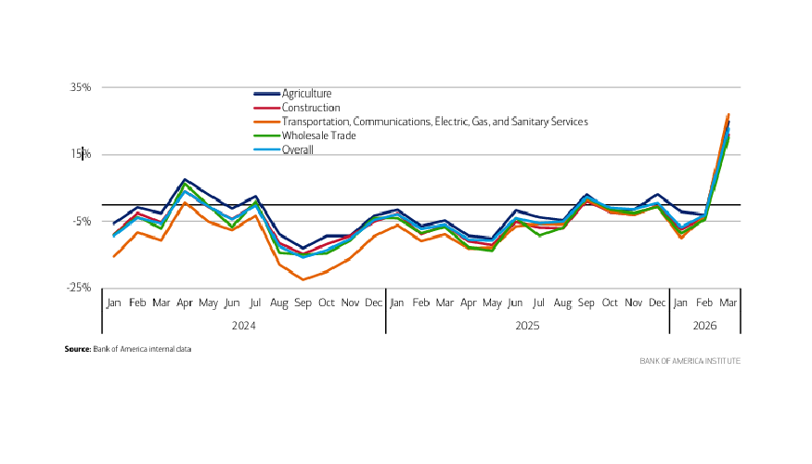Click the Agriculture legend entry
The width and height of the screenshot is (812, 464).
(306, 94)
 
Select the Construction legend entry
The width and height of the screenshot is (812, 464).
(310, 108)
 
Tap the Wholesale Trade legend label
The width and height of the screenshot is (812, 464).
(318, 135)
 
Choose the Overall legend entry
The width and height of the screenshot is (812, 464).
(298, 149)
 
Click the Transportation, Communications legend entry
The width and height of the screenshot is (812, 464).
(434, 122)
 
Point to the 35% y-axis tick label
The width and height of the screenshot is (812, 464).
(79, 87)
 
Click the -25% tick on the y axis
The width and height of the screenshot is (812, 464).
(78, 288)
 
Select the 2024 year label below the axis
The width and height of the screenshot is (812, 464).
(244, 326)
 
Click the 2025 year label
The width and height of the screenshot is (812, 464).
(527, 326)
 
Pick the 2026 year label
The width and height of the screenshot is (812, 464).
(704, 326)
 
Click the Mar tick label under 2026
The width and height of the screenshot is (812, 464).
(728, 303)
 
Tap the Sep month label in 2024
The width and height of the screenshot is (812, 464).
(303, 303)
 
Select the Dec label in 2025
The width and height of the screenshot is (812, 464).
(658, 303)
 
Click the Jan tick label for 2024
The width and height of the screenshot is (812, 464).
(113, 303)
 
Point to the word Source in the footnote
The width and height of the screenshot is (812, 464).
(77, 349)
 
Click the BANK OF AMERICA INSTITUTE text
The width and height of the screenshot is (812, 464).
(690, 360)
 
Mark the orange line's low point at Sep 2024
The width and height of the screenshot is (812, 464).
(303, 279)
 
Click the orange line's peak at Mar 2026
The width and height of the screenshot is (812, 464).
(728, 114)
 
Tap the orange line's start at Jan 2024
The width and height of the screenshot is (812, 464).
(113, 256)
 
